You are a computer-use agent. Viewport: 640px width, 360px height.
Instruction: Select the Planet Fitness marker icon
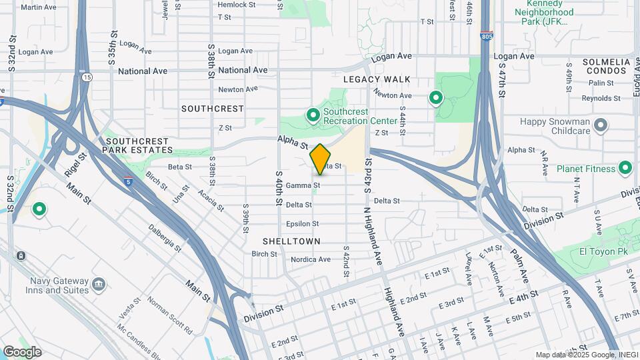pos(625,169)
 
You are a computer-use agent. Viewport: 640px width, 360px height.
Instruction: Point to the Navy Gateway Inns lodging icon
pos(99,285)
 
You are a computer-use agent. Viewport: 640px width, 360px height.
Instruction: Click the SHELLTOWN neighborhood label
pos(291,241)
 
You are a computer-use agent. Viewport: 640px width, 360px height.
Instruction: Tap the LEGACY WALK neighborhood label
pos(377,79)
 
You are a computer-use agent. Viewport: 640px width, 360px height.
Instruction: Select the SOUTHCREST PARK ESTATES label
pos(137,146)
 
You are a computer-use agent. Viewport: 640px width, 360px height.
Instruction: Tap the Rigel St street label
pos(80,164)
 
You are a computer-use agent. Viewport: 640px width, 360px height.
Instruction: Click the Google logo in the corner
pos(22,352)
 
